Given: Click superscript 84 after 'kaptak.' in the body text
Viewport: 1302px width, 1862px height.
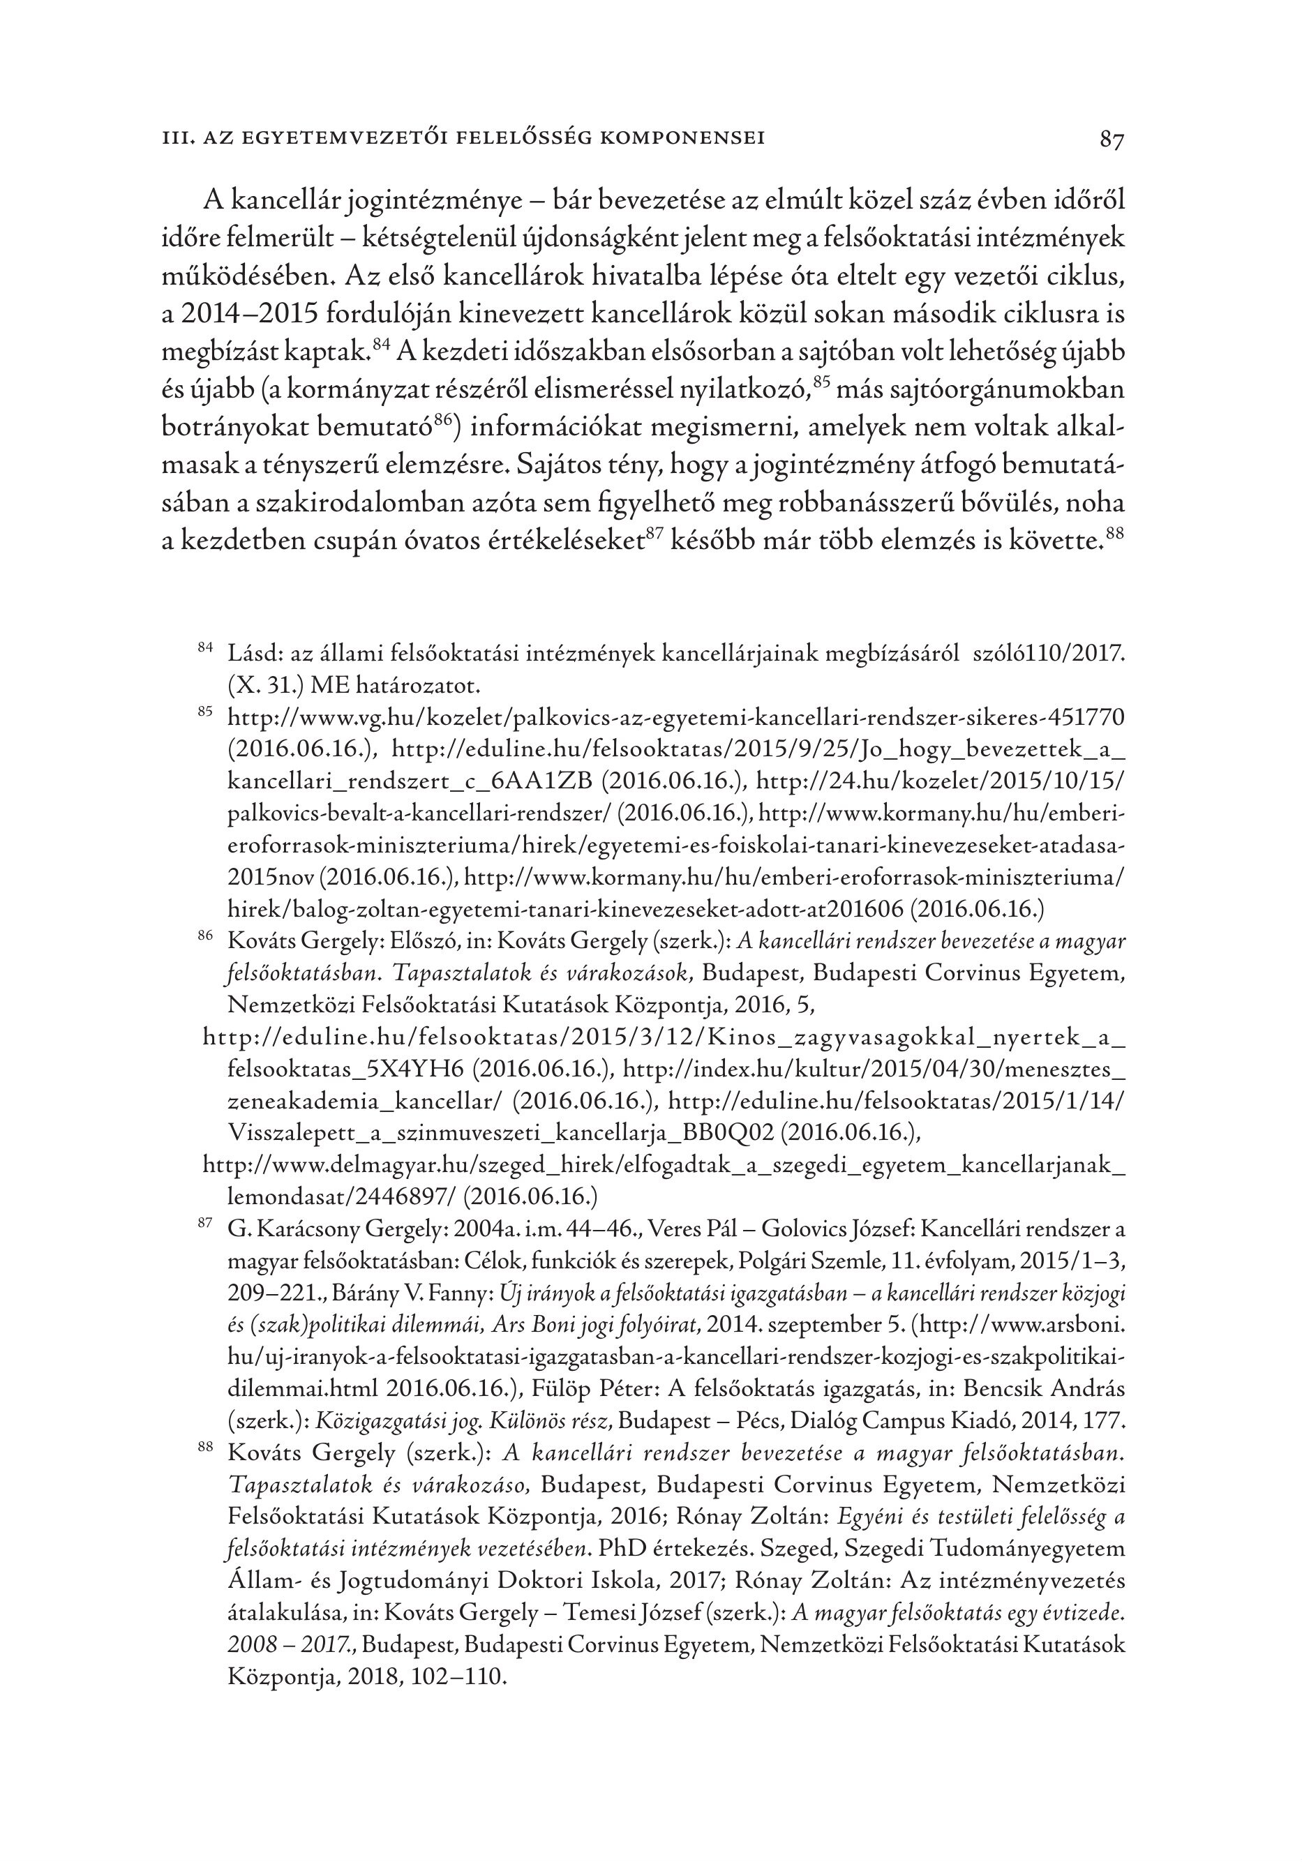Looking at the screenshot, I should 381,345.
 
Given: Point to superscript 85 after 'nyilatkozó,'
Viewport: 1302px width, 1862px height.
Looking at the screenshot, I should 819,383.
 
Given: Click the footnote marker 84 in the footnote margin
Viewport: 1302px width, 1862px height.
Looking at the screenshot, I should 205,646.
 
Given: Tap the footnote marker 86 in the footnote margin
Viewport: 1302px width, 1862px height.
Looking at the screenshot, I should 205,936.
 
